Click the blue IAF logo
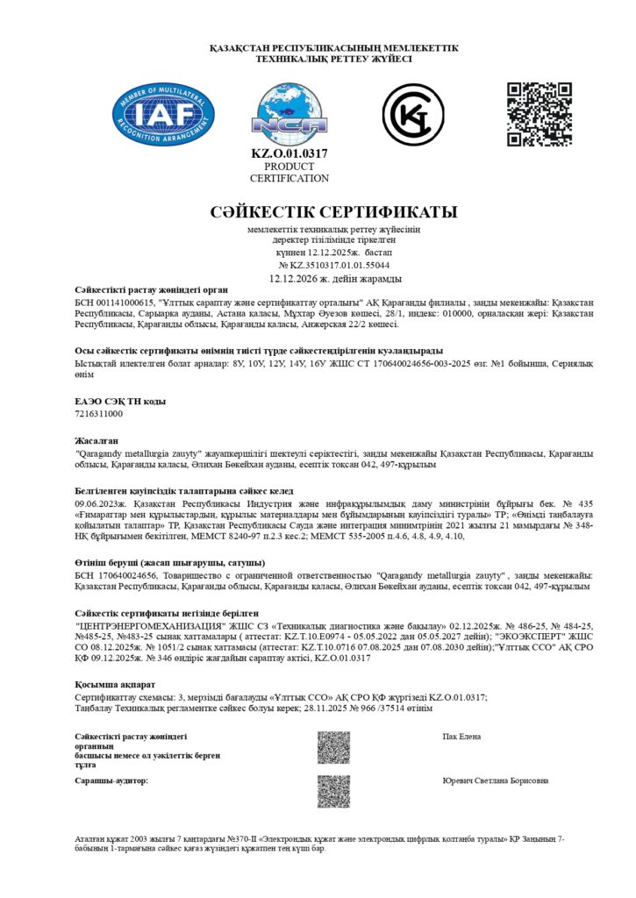tap(164, 115)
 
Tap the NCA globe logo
tap(289, 115)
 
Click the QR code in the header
tap(540, 115)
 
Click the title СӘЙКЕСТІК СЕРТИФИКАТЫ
tap(334, 212)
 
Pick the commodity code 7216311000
tap(99, 413)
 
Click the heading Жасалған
tap(96, 440)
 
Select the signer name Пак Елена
tap(462, 737)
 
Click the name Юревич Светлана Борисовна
tap(496, 780)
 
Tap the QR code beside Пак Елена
tap(333, 747)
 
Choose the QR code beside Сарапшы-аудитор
tap(333, 790)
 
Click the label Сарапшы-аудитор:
tap(112, 780)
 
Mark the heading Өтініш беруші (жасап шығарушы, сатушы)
tap(159, 562)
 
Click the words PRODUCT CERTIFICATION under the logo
tap(289, 172)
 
